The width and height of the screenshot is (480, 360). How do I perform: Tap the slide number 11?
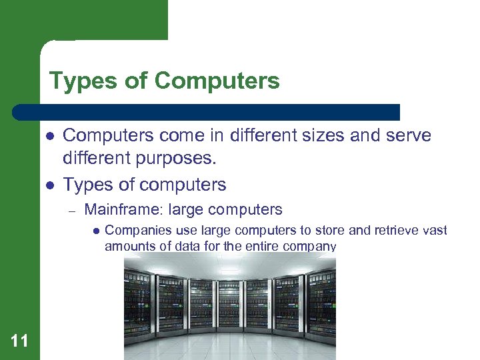pyautogui.click(x=20, y=341)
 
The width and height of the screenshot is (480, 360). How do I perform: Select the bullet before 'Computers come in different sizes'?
pyautogui.click(x=49, y=136)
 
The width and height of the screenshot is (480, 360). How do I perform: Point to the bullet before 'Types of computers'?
pyautogui.click(x=49, y=185)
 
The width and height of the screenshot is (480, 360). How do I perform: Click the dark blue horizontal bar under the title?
pyautogui.click(x=207, y=112)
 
